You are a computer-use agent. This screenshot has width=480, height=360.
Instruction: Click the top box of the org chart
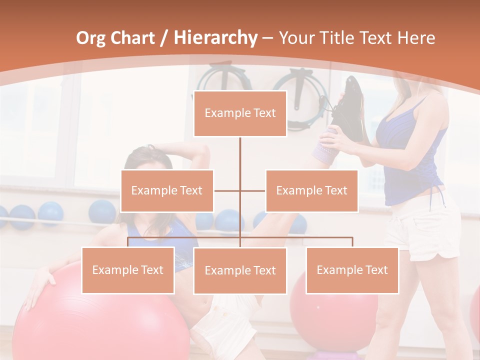[x=240, y=113]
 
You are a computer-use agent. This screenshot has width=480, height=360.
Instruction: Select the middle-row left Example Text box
[x=167, y=190]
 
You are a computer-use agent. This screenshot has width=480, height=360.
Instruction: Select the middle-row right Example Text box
[x=311, y=190]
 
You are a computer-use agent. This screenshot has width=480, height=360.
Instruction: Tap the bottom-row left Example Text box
[x=128, y=270]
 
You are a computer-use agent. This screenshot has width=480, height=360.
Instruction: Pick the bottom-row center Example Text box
[x=240, y=270]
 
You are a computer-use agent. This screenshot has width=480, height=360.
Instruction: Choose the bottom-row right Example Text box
[x=352, y=270]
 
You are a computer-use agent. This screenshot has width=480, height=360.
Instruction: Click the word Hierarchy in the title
[x=215, y=37]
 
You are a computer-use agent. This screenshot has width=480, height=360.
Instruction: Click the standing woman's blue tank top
[x=410, y=155]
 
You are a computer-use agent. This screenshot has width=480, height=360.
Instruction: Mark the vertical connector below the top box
[x=240, y=155]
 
